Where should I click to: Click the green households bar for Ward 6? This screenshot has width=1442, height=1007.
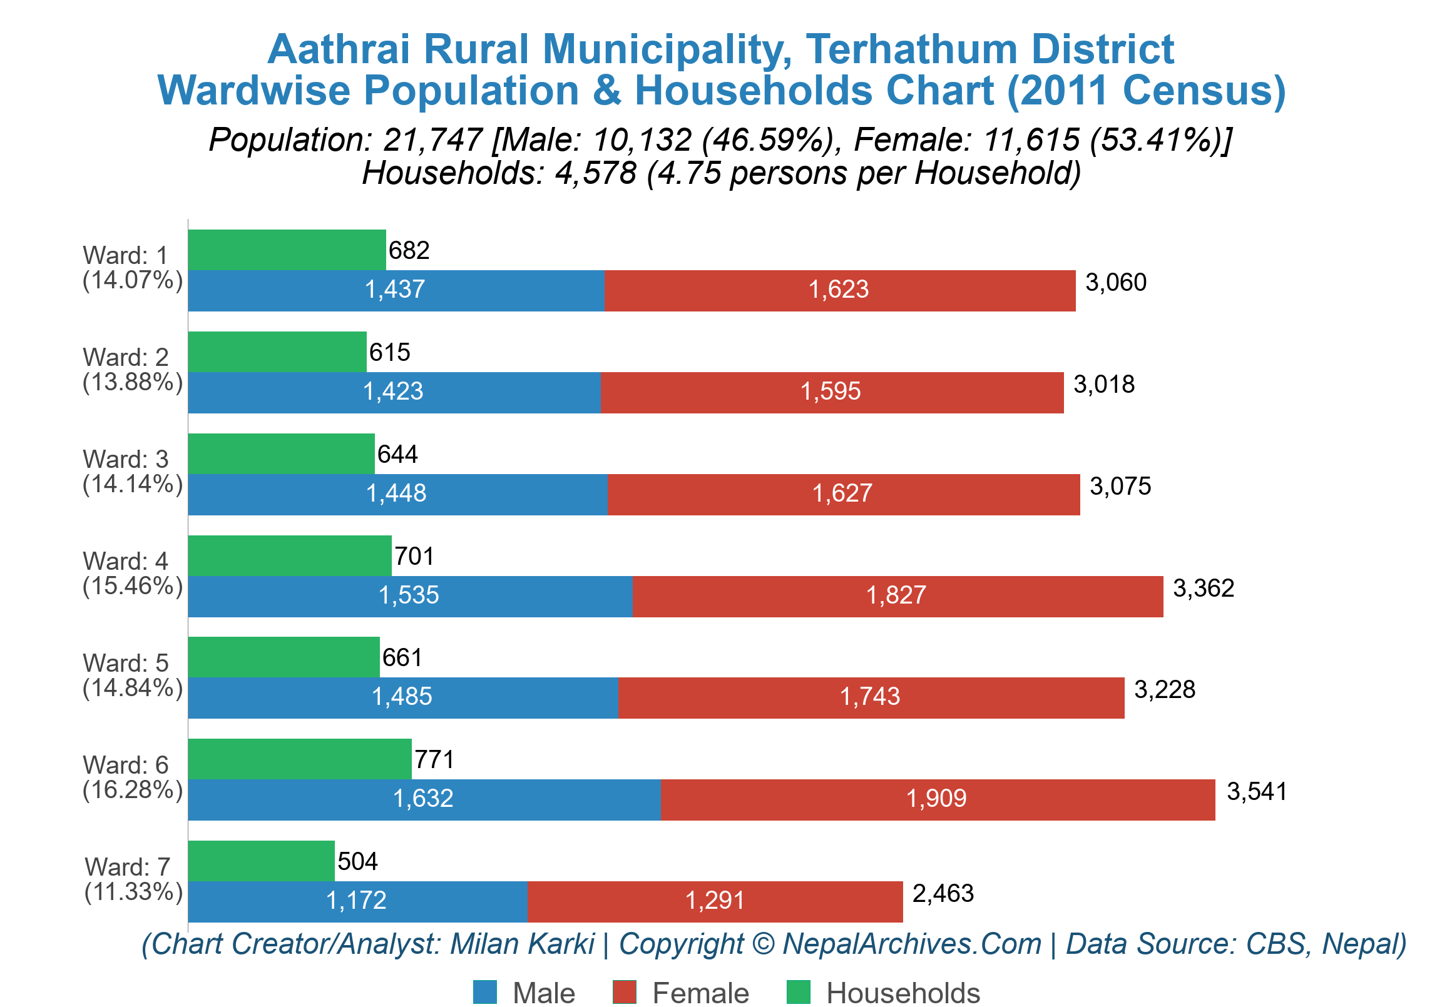coord(300,759)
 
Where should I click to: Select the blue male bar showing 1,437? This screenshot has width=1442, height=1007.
coord(396,290)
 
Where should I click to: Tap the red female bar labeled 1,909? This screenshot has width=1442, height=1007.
coord(937,799)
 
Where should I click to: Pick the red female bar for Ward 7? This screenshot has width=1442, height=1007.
coord(715,901)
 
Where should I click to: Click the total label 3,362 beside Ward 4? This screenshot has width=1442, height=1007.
coord(1204,589)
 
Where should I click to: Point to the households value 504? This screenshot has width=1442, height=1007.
coord(357,861)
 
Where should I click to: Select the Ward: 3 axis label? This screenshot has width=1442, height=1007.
coord(126,460)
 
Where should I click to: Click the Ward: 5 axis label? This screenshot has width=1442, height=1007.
coord(126,663)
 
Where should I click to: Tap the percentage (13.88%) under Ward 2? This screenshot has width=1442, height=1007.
coord(133,382)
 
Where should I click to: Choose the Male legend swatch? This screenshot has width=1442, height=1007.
coord(484,992)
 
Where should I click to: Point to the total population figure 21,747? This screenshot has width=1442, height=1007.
coord(432,139)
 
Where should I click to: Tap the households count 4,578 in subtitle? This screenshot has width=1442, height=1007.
coord(595,173)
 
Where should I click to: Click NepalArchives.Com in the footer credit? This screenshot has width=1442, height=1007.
coord(911,944)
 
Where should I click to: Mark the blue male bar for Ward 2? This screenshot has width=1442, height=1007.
coord(394,392)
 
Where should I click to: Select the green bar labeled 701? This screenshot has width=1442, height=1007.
coord(290,555)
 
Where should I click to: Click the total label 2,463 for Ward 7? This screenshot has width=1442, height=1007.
coord(943,893)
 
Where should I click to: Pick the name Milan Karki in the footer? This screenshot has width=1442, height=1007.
coord(522,944)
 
